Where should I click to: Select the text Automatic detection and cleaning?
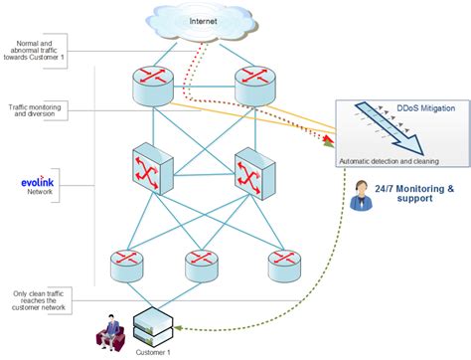[x=389, y=160]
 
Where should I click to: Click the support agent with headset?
[x=360, y=197]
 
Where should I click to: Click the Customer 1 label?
[x=154, y=352]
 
